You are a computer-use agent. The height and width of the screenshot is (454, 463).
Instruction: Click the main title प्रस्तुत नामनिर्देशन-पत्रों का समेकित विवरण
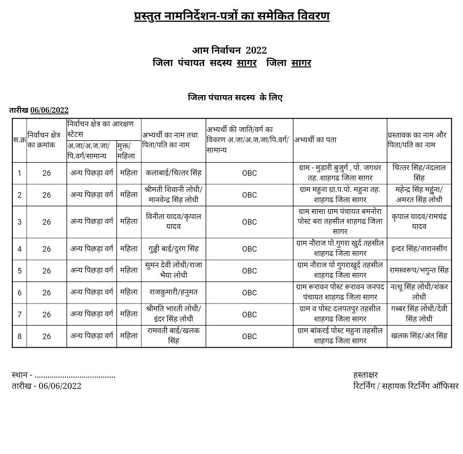click(x=231, y=16)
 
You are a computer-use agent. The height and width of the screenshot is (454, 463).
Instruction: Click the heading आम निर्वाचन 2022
click(x=229, y=50)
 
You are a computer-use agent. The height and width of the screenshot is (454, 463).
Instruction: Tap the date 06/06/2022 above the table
click(x=49, y=110)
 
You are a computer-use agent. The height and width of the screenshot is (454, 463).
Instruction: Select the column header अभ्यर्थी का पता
click(x=316, y=140)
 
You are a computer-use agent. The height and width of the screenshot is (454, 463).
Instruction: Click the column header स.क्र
click(x=19, y=140)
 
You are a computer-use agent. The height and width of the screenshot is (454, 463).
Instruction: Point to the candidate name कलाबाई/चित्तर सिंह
click(x=173, y=173)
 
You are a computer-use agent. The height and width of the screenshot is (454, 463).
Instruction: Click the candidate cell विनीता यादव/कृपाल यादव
click(x=173, y=221)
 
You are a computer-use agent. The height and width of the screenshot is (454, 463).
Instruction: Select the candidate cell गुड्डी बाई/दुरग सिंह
click(x=173, y=249)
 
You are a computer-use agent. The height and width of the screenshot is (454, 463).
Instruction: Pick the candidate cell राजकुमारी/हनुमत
click(x=173, y=292)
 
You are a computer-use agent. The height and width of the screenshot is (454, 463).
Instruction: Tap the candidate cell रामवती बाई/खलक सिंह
click(x=173, y=336)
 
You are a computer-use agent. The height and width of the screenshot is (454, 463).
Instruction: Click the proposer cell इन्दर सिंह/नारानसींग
click(x=419, y=249)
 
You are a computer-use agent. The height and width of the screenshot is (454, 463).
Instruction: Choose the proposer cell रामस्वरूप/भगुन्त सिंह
click(x=419, y=271)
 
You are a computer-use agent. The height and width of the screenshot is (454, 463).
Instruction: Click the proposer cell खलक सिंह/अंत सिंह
click(x=419, y=336)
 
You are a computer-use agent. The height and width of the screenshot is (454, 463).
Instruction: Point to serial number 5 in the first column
click(x=19, y=271)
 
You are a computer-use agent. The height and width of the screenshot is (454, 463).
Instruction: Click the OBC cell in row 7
click(x=249, y=315)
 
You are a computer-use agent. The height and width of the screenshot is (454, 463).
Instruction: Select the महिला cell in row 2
click(x=129, y=195)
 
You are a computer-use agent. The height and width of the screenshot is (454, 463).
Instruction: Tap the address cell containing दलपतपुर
click(x=340, y=314)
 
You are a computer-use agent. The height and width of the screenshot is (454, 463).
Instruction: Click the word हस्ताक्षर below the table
click(x=365, y=375)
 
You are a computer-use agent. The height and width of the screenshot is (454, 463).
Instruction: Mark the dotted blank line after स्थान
click(x=75, y=376)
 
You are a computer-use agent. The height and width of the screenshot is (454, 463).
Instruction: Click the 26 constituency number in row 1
click(x=46, y=173)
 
